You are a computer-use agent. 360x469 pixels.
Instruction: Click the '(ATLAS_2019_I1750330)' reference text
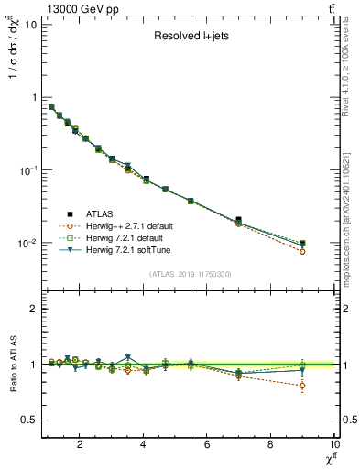click(190, 274)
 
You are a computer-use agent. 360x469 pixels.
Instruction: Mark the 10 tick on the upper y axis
click(30, 24)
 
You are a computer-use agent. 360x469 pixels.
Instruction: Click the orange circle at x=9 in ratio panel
click(302, 386)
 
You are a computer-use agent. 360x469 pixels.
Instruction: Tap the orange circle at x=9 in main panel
click(302, 251)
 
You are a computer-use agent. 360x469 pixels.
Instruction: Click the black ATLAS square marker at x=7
click(239, 220)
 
